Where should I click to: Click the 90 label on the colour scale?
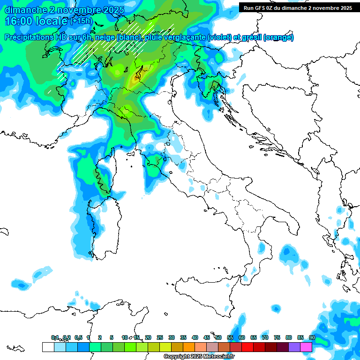tap(312, 337)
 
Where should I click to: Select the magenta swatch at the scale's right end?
tap(306, 347)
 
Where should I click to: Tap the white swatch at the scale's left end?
tap(48, 347)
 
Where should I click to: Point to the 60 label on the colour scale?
tap(242, 337)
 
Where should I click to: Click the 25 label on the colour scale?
tap(160, 337)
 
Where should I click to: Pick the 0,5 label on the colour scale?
tap(78, 337)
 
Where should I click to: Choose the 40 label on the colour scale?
tap(195, 337)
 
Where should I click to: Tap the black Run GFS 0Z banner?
tap(298, 7)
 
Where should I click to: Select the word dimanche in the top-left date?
tap(22, 10)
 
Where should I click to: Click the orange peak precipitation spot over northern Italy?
tap(136, 80)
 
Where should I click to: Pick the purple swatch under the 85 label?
tap(294, 347)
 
